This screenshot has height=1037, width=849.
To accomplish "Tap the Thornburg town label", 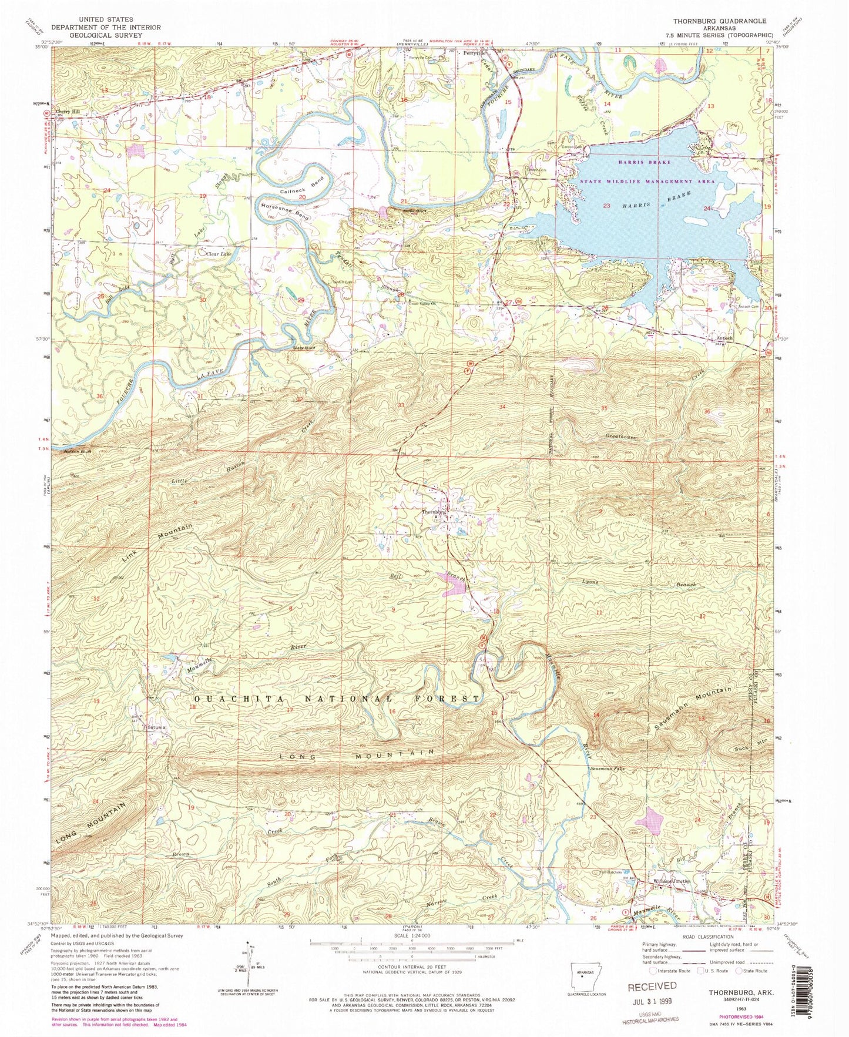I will pos(434,512).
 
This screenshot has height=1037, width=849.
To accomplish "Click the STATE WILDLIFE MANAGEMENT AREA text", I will pos(648,182).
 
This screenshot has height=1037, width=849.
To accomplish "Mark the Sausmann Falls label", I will pos(607,767).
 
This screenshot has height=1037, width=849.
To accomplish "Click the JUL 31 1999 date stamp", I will pos(653,1001).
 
